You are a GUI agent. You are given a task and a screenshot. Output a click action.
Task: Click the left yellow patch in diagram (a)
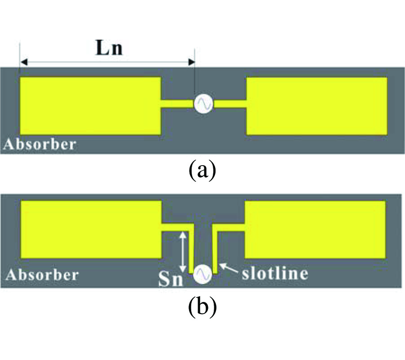click(90, 106)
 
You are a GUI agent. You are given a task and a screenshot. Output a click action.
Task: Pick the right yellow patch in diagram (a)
click(317, 106)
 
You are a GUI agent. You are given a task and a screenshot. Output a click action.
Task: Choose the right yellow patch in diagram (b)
click(315, 229)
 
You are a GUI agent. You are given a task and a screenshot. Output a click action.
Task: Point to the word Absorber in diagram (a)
click(40, 145)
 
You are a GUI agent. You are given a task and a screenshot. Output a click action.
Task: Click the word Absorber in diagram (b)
click(42, 274)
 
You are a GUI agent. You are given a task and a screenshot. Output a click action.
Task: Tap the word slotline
click(275, 273)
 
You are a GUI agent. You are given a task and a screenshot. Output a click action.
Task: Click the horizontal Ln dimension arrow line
click(108, 62)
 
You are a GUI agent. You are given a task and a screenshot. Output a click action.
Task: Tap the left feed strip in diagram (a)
click(177, 104)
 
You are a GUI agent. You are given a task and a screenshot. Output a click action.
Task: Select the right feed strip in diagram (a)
click(230, 104)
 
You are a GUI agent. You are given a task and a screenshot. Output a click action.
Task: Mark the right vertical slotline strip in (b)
click(215, 250)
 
